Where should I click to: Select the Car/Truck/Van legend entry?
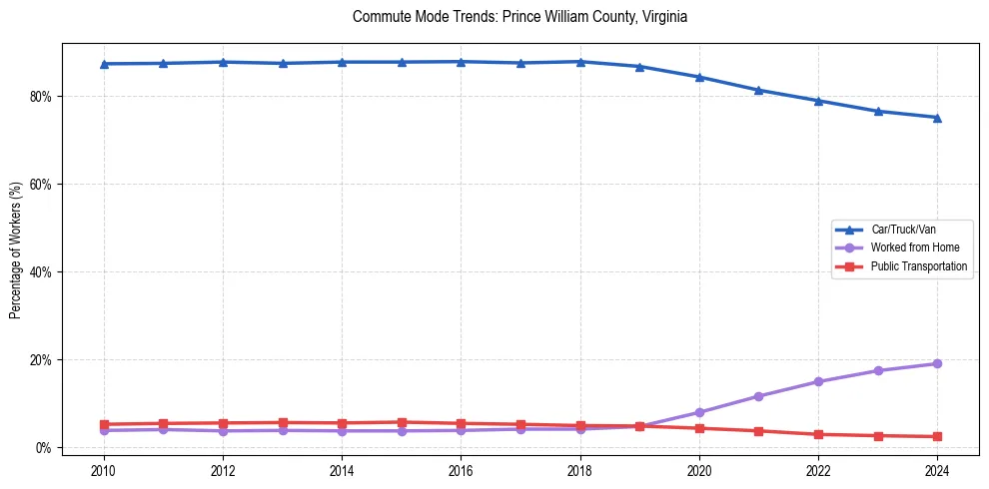coord(903,230)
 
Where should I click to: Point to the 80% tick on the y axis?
coord(41,97)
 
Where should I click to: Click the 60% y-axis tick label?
coord(41,185)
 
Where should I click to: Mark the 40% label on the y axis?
coord(41,271)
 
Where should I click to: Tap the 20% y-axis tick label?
coord(41,359)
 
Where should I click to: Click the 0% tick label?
coord(44,447)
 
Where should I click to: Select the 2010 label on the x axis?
coord(104,470)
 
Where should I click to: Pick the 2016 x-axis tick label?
coord(461,470)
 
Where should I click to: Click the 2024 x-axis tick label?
coord(937,470)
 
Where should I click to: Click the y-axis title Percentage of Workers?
coord(16,250)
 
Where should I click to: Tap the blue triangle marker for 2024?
coord(937,118)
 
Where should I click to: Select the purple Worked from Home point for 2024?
coord(937,363)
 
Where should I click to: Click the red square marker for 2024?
coord(937,436)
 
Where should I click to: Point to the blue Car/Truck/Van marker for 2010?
coord(104,64)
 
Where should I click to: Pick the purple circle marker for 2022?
coord(818,381)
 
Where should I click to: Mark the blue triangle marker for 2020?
coord(699,77)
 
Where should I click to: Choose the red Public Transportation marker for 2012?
coord(223,423)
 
